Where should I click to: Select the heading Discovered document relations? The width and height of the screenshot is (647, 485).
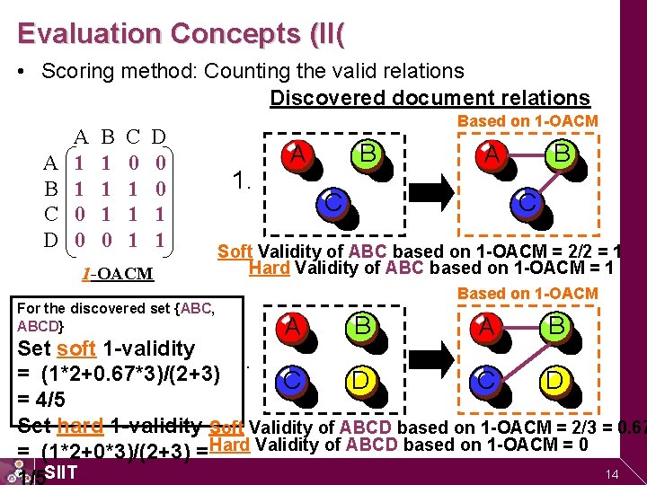[x=430, y=98]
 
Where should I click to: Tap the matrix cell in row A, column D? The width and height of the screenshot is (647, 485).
[x=159, y=163]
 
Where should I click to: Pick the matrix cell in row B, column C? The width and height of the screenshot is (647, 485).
[x=133, y=190]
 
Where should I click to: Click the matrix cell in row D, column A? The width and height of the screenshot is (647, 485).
[x=80, y=241]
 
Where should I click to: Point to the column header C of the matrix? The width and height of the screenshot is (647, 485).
[x=133, y=137]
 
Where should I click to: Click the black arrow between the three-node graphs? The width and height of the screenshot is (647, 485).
[x=426, y=191]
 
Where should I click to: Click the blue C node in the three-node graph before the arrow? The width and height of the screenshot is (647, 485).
[x=333, y=203]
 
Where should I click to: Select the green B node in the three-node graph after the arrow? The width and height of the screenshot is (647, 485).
[x=562, y=154]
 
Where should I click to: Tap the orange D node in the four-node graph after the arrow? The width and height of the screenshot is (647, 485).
[x=554, y=381]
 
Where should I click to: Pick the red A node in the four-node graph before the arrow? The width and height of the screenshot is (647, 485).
[x=292, y=327]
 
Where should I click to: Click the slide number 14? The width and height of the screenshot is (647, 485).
[x=614, y=473]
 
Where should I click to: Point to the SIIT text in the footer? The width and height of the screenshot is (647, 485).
[x=60, y=472]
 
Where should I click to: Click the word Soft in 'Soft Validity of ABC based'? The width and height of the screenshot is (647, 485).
[x=235, y=251]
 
